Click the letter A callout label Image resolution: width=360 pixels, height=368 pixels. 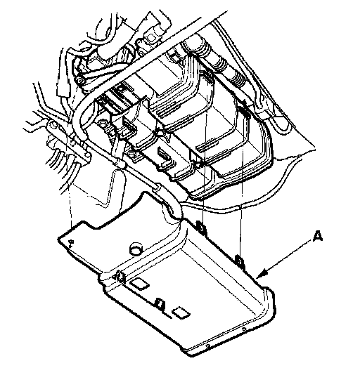tap(318, 236)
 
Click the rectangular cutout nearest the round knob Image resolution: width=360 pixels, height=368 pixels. tap(140, 284)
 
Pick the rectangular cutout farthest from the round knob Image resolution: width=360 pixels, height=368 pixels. tap(181, 313)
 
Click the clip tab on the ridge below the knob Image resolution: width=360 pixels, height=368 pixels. tap(119, 277)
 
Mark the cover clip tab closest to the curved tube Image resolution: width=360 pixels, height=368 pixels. tap(201, 227)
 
